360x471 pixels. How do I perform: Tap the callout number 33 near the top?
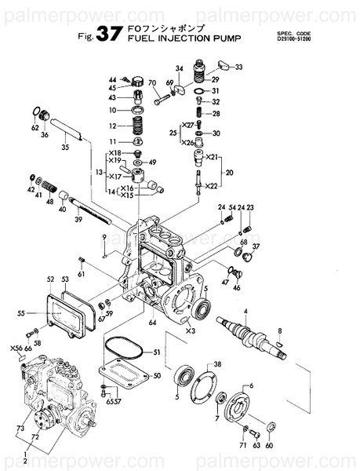click(x=238, y=68)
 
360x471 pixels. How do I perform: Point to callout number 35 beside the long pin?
click(x=65, y=147)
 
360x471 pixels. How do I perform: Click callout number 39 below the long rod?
click(x=78, y=221)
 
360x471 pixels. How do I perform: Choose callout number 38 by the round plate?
click(x=217, y=364)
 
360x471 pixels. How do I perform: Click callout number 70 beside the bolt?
click(x=151, y=83)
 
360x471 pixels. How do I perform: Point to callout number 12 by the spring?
click(x=112, y=126)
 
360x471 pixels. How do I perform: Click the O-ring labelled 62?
click(x=36, y=111)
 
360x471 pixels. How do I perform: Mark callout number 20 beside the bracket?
click(x=230, y=172)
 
